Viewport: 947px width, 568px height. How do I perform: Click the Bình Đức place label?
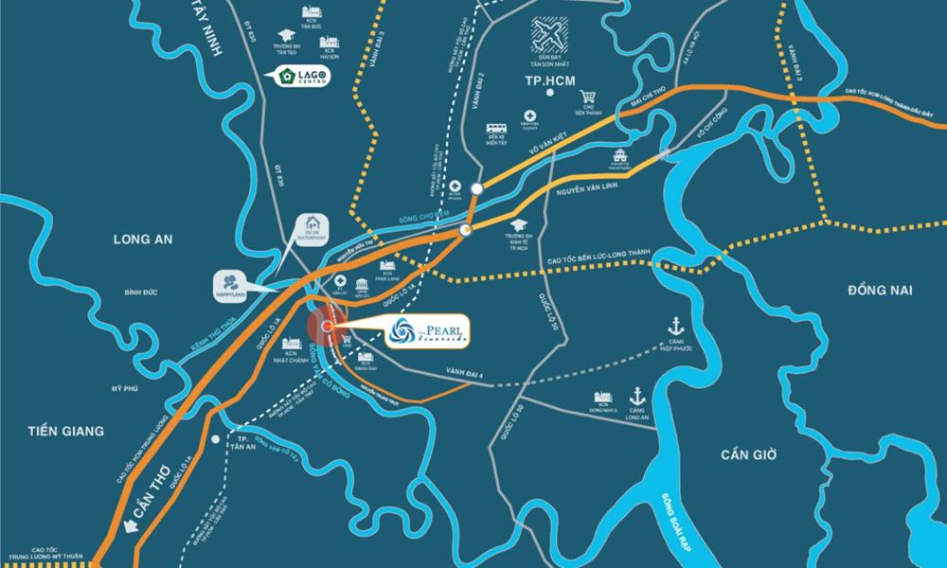click(x=139, y=293)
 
